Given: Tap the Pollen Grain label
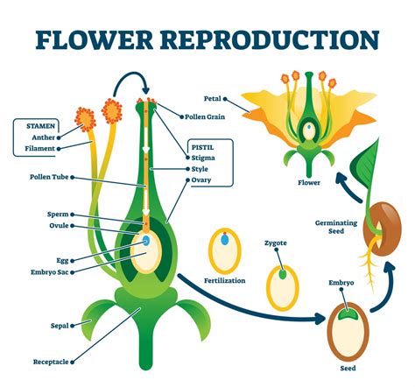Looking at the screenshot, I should coord(207,116).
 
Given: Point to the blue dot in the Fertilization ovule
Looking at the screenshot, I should coord(224,239).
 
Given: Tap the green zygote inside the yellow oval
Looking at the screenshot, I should coord(282,274).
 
